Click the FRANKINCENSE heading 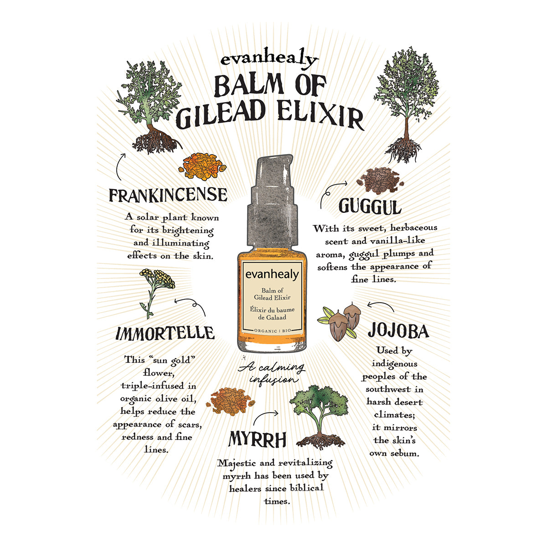pyautogui.click(x=168, y=195)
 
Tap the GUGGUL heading pyautogui.click(x=370, y=207)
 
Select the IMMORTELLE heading pyautogui.click(x=165, y=333)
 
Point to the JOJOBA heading pyautogui.click(x=398, y=331)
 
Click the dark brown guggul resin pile pyautogui.click(x=378, y=178)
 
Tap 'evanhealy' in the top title pyautogui.click(x=269, y=60)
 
